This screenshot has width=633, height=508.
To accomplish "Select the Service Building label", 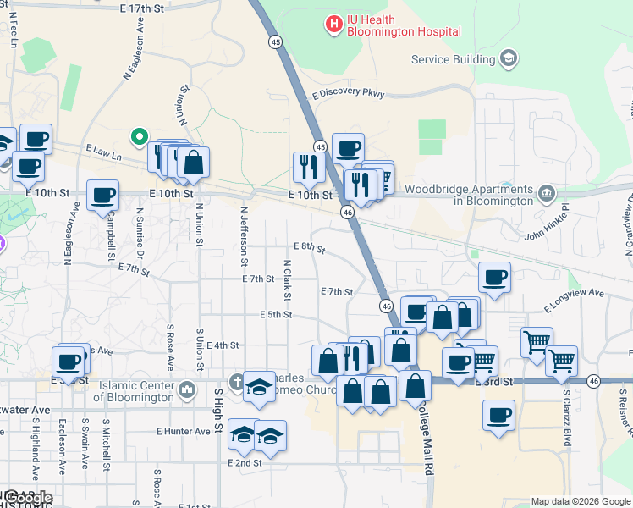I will [x=453, y=59].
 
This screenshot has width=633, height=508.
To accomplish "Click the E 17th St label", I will [x=141, y=8].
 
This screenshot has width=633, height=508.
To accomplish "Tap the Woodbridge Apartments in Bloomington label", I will [x=470, y=195].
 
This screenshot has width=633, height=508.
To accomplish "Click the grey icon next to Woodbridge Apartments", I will [x=548, y=194].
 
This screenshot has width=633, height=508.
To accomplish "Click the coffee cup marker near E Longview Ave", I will [x=495, y=276].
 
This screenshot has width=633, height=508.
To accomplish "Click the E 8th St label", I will [x=310, y=246].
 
